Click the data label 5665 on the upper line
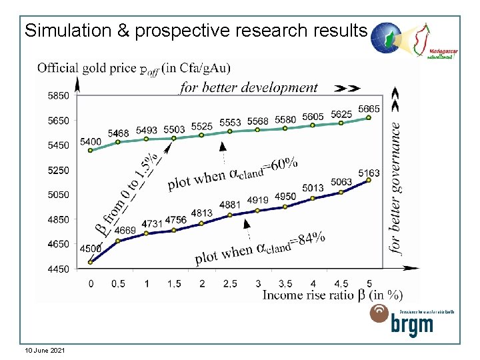click(x=369, y=109)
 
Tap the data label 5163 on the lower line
click(x=369, y=173)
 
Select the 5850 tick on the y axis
click(x=57, y=96)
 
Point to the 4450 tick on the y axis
click(x=57, y=269)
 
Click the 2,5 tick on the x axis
click(x=229, y=284)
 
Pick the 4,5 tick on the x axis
click(x=341, y=284)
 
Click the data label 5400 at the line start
click(x=91, y=142)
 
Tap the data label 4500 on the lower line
click(x=91, y=249)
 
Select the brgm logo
click(x=402, y=320)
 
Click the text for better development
click(x=249, y=87)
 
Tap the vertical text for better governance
click(x=395, y=187)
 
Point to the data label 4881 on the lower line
click(x=230, y=204)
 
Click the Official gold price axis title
click(x=134, y=67)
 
